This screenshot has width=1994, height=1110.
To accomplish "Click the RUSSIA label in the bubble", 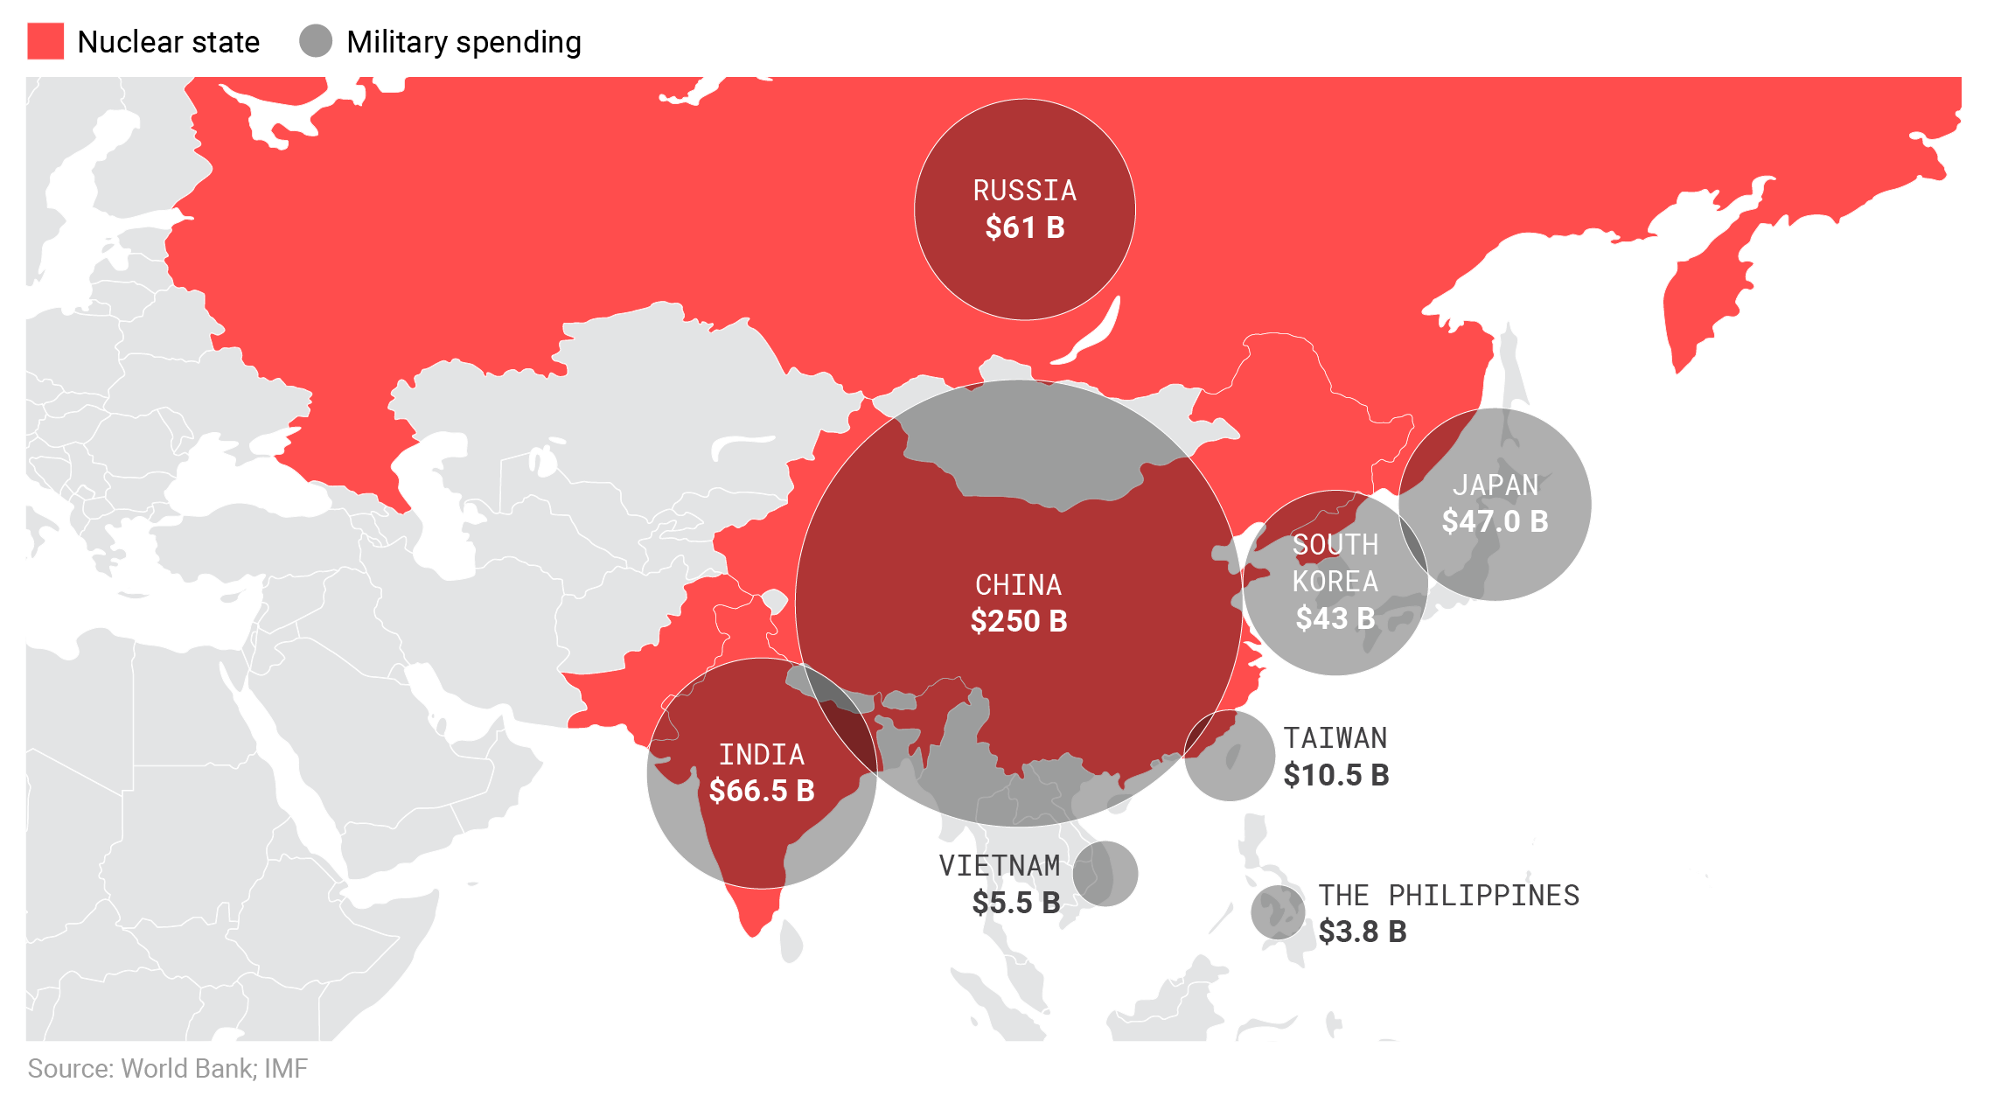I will click(1024, 191).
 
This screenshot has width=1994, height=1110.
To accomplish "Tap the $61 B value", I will click(1024, 227).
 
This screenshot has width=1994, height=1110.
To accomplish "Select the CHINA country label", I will click(1018, 584).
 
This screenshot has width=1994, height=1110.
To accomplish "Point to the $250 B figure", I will click(1018, 621).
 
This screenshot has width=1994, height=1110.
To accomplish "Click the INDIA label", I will click(761, 754).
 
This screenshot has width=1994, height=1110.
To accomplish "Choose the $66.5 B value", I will click(761, 791).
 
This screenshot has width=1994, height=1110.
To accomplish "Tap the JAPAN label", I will click(1495, 485).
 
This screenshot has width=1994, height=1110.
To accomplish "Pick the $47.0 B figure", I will click(1495, 521).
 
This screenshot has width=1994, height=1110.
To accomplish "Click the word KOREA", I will click(1335, 582).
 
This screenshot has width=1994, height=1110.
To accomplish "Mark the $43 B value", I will click(1335, 618).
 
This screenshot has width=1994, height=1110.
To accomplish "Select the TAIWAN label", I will click(1335, 738).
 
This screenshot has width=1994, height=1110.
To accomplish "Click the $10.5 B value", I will click(1335, 775).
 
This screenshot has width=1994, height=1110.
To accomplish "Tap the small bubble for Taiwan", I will click(1230, 756).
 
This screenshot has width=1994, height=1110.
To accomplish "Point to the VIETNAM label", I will click(999, 866).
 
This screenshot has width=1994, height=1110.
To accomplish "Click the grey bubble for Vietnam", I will click(1105, 874).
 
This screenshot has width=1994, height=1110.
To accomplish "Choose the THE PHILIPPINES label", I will click(1448, 896).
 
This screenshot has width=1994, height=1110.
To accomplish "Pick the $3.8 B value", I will click(1362, 932).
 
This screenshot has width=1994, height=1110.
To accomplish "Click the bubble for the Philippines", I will click(1278, 911).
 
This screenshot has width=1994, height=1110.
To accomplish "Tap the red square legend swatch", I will click(45, 41).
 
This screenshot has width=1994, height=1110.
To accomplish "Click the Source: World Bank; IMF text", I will click(167, 1068).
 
